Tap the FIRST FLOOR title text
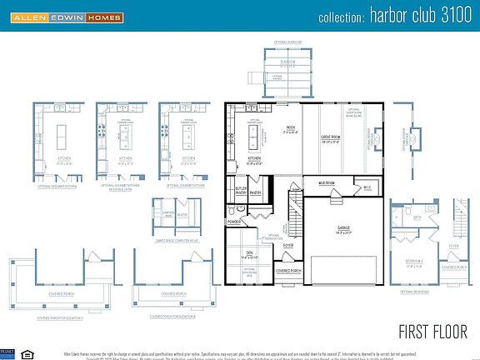click(431, 331)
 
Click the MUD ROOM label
click(326, 182)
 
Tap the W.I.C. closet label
click(367, 187)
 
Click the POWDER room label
click(234, 222)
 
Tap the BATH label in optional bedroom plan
click(417, 218)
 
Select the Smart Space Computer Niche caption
click(176, 241)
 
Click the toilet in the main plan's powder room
click(230, 212)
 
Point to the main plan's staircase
click(294, 213)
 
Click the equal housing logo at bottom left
click(22, 352)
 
